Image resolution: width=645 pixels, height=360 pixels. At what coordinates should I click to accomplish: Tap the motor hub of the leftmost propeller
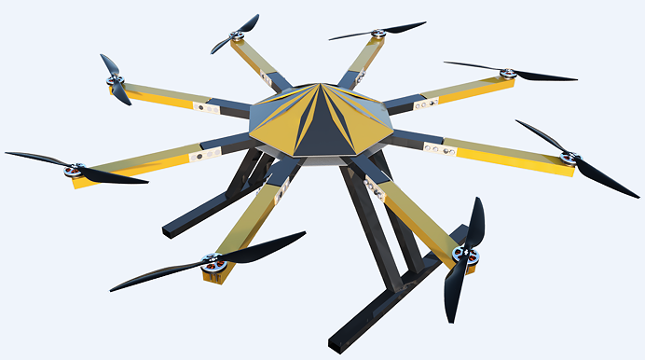73,171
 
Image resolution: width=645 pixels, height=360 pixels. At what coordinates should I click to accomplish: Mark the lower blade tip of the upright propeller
450,320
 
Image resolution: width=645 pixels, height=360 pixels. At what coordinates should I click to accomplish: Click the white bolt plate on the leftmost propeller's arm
198,158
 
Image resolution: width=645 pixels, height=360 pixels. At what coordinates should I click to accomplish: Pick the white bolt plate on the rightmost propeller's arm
432,146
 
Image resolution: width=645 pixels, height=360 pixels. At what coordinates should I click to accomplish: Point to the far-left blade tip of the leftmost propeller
7,154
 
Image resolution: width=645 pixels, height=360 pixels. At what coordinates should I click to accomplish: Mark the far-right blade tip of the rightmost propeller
637,195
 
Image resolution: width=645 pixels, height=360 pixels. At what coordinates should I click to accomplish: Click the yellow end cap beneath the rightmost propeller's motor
559,170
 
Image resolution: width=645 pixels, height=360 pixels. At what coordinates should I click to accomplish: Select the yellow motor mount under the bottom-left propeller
216,278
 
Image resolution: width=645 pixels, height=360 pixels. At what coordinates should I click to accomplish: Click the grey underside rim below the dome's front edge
322,161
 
